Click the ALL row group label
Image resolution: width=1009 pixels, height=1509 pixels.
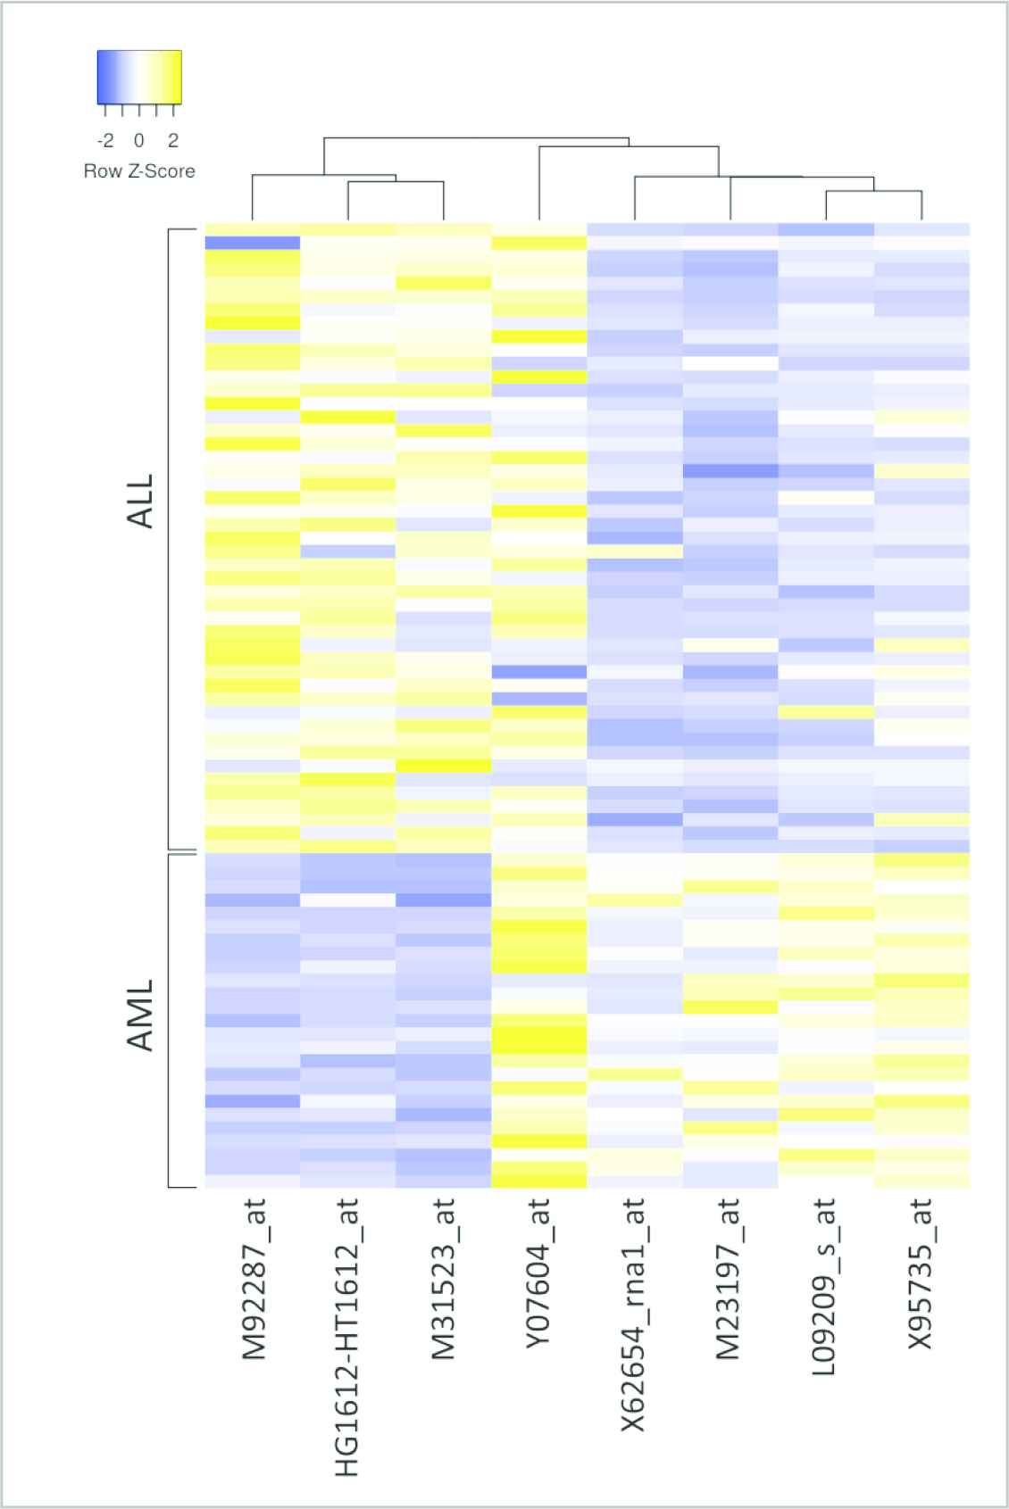(x=141, y=502)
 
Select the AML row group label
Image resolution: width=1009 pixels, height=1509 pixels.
(x=141, y=1015)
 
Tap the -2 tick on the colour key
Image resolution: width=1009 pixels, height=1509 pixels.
(x=105, y=140)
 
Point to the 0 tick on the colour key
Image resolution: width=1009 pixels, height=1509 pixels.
(x=139, y=140)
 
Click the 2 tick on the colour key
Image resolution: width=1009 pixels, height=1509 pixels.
(x=173, y=140)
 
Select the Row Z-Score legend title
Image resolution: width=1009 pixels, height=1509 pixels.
(x=139, y=170)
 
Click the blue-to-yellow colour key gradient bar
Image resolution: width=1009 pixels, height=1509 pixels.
(x=139, y=78)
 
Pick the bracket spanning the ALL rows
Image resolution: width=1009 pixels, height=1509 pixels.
(x=170, y=540)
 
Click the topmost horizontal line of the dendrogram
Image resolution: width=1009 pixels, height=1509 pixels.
(x=477, y=137)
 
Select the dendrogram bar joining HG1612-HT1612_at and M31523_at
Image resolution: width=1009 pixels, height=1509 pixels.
(x=396, y=182)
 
